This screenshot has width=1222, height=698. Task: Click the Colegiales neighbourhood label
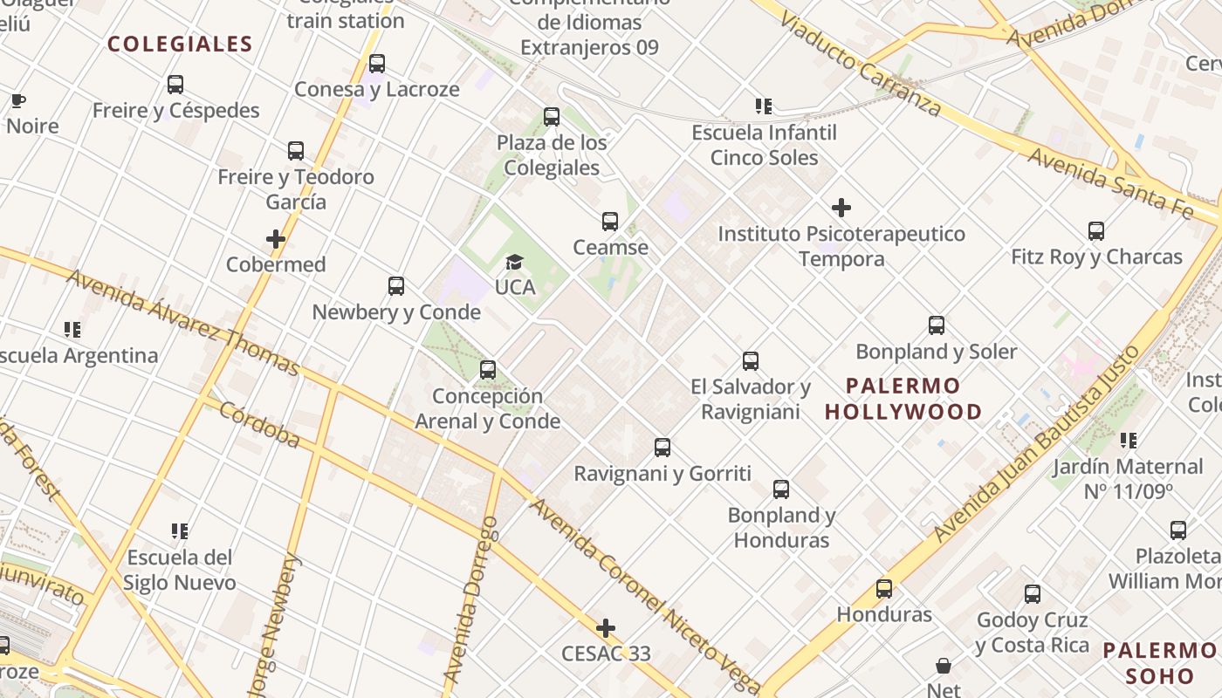(x=180, y=44)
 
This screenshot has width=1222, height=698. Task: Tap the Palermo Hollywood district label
(x=903, y=398)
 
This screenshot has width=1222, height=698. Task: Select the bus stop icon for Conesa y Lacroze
(x=377, y=64)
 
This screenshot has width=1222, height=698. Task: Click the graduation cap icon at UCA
(x=514, y=262)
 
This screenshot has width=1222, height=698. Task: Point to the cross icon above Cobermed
(x=276, y=239)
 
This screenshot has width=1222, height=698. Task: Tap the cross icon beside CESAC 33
(x=606, y=628)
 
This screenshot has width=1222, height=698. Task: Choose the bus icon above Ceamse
(x=610, y=222)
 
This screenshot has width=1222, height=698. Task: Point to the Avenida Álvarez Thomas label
(x=182, y=322)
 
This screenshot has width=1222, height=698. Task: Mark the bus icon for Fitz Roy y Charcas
(x=1096, y=231)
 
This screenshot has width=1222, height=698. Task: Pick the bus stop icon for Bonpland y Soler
(x=937, y=325)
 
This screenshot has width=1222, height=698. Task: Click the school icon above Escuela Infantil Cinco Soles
(x=764, y=106)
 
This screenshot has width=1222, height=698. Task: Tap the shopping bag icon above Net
(x=944, y=666)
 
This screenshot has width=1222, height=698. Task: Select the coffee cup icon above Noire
(x=17, y=100)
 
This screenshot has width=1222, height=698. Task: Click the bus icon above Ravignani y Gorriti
(x=662, y=448)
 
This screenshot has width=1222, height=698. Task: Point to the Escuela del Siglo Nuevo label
(x=180, y=570)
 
